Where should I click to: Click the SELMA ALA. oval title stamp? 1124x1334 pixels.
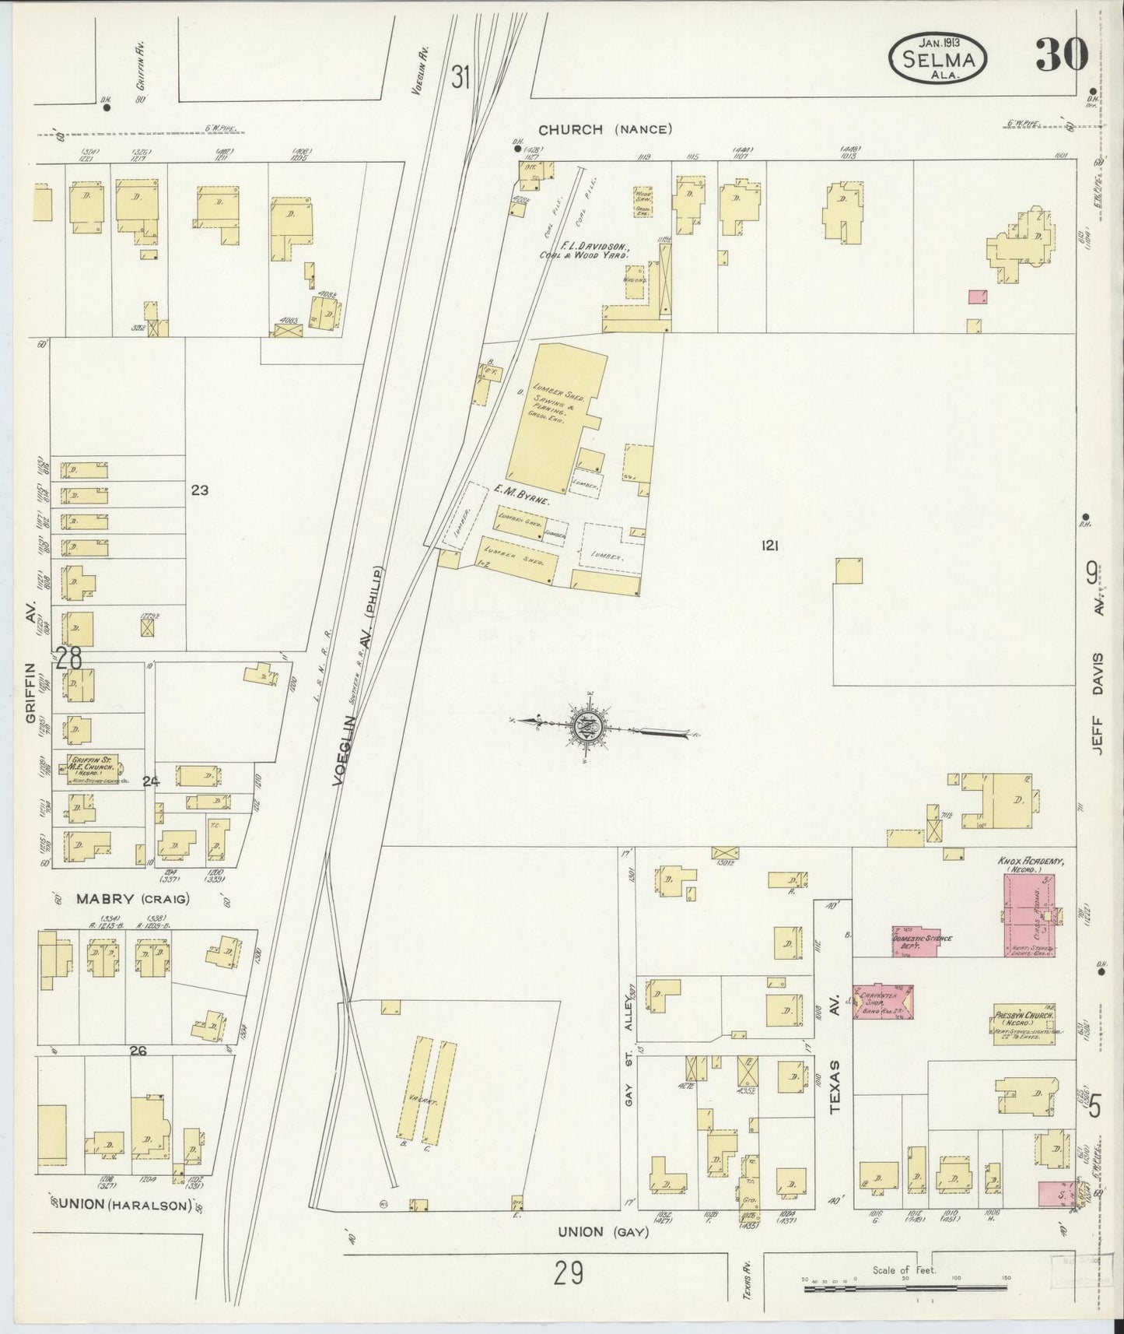click(940, 59)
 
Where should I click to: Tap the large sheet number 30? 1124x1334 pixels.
click(1060, 54)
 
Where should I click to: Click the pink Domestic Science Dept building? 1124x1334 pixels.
click(922, 941)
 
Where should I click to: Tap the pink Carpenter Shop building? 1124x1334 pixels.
click(884, 1002)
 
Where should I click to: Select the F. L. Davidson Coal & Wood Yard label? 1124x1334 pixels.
click(587, 249)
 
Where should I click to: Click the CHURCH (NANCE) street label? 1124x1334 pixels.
click(604, 129)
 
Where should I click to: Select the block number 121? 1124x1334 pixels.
click(770, 546)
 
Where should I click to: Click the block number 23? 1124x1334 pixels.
click(199, 490)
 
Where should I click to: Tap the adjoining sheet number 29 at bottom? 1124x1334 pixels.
click(569, 1274)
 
